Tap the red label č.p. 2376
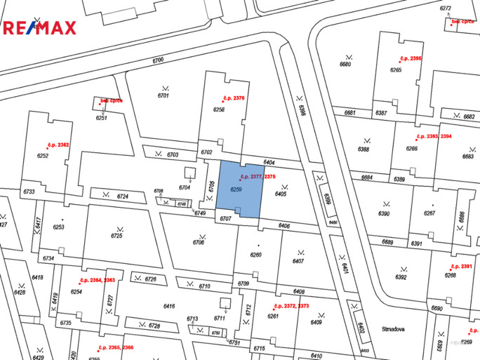coord(229,98)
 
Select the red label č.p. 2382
coord(58,145)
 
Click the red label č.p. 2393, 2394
coord(434,136)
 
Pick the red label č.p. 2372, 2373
coord(291,306)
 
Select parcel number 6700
coord(157,60)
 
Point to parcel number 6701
coord(164,95)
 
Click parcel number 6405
coord(281,194)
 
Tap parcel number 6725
coord(116,236)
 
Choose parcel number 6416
coord(168,306)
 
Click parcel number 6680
coord(345,64)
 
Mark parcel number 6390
coord(384,213)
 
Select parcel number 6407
coord(298,261)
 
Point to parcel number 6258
coord(219,109)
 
